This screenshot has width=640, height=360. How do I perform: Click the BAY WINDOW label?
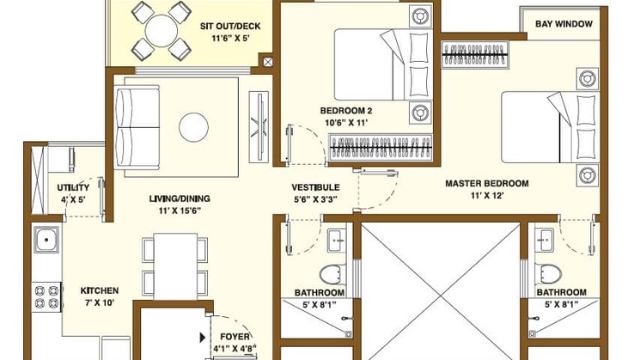coord(564,24)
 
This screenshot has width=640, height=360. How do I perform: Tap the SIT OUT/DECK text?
coord(230,27)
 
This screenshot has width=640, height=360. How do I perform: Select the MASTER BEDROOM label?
coord(486,183)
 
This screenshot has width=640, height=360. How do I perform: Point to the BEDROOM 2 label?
coord(345,110)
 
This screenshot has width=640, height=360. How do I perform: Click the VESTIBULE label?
coord(315,187)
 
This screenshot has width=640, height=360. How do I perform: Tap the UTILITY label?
coord(73,188)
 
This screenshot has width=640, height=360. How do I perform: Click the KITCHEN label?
coord(100,290)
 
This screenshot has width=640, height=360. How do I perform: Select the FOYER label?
coord(235,337)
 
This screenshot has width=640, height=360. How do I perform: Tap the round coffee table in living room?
coord(193,128)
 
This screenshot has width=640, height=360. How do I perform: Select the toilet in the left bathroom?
coord(331,274)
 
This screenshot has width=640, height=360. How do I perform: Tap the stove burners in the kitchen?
coord(46,296)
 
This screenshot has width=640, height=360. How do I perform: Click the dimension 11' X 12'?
coord(486,196)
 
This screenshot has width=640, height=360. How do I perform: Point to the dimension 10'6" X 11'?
coord(345,123)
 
